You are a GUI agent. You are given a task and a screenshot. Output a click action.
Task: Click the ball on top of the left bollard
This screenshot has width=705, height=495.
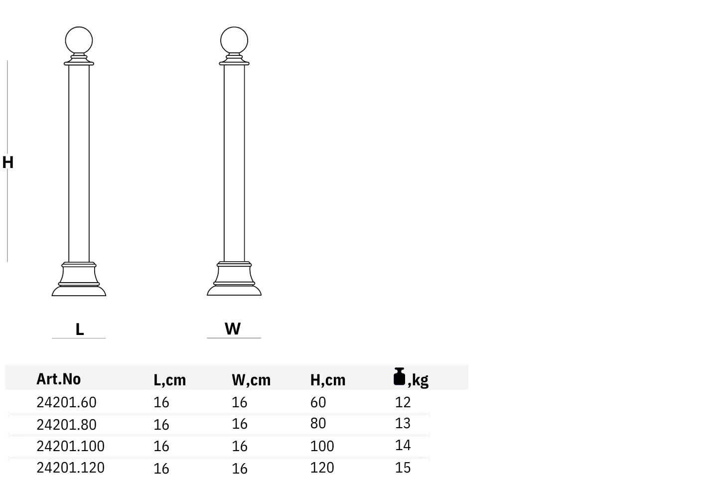(x=79, y=40)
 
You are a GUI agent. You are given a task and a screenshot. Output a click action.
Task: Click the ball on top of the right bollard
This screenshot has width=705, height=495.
(x=234, y=40)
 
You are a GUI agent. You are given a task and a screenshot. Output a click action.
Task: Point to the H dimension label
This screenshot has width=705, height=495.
(x=8, y=163)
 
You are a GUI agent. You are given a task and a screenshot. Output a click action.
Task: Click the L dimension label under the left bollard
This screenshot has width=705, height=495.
(x=80, y=330)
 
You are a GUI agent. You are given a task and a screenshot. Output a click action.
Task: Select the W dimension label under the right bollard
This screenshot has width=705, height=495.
(x=233, y=329)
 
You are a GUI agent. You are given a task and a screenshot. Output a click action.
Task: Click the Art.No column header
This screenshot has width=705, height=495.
(x=58, y=379)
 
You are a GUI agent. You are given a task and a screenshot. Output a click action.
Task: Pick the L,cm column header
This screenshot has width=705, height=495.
(x=169, y=380)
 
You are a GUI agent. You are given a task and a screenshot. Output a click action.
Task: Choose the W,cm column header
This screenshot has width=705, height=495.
(x=251, y=380)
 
